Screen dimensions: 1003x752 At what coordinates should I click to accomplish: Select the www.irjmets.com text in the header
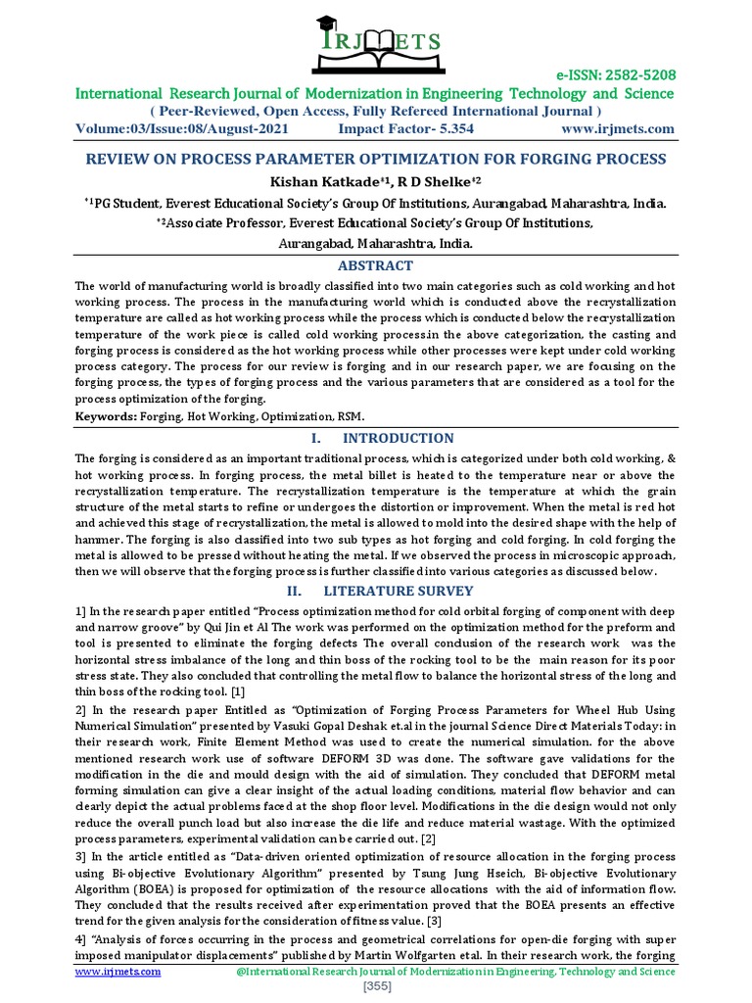click(618, 129)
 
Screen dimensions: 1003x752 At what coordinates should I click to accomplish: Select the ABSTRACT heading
click(375, 265)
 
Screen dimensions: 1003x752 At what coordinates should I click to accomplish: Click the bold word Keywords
click(105, 417)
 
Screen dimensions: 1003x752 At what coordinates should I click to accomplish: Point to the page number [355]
click(376, 987)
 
